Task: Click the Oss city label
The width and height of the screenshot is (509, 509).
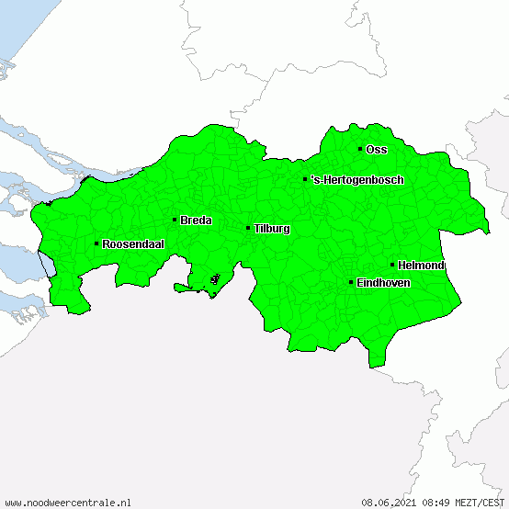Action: pos(377,149)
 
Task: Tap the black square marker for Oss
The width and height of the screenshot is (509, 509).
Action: pos(360,149)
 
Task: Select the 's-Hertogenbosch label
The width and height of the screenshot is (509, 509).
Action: pos(357,179)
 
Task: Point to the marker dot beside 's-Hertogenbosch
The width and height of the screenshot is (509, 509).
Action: pos(305,179)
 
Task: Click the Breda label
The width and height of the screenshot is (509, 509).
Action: pos(197,220)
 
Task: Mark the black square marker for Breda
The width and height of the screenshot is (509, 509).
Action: pos(175,220)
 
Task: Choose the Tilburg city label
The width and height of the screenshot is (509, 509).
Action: pos(272,228)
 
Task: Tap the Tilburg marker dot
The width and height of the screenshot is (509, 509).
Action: pos(248,228)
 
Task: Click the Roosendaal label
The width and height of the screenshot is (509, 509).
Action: pos(133,243)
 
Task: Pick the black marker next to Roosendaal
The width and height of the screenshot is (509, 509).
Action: pos(96,243)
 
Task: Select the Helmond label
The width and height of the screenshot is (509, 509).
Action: pos(422,265)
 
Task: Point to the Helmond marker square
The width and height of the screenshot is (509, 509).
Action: pos(392,265)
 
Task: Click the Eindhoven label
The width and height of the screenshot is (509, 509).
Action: pos(383,282)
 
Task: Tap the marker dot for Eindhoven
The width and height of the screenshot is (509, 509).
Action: pos(351,282)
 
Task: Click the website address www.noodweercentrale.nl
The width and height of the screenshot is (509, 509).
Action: pos(68,503)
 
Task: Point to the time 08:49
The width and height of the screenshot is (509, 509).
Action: pos(436,503)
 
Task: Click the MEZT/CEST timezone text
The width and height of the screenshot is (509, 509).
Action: pos(481,503)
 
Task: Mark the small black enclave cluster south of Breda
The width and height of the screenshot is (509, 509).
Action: pos(215,278)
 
